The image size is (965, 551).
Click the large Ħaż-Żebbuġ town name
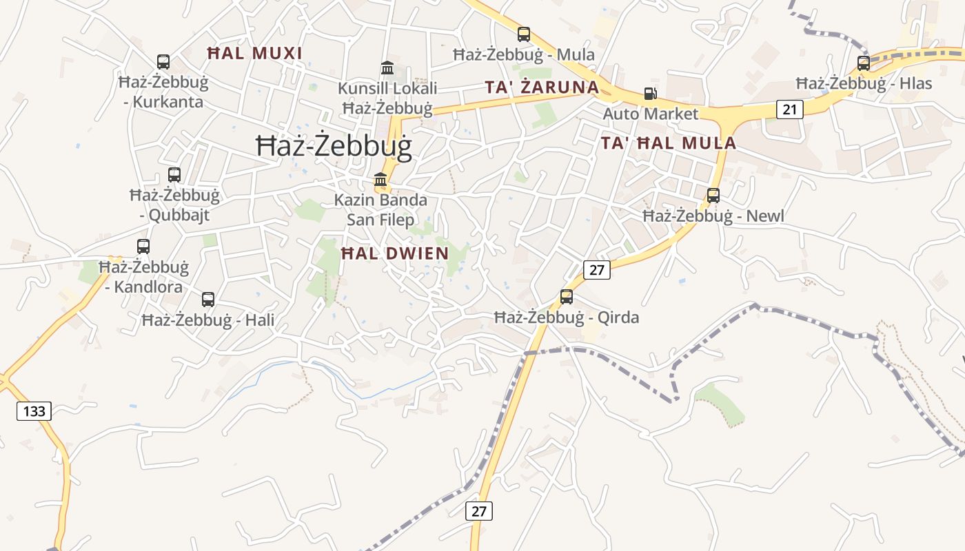tap(334, 147)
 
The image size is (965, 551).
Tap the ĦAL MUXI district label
tap(255, 54)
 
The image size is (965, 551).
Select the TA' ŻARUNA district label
tap(542, 87)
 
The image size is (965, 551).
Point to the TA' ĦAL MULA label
tap(668, 143)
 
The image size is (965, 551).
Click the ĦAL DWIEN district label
tap(395, 253)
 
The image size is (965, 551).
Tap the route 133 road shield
tap(34, 412)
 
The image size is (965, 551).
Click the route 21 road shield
tap(789, 109)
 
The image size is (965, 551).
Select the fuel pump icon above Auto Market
tap(650, 94)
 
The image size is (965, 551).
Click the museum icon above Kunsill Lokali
tap(387, 68)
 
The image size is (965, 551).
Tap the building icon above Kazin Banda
tap(380, 180)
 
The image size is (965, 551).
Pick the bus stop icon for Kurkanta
tap(163, 62)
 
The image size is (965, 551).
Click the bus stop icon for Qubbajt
tap(174, 175)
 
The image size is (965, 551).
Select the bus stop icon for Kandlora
tap(143, 247)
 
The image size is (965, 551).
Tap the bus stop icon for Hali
tap(208, 300)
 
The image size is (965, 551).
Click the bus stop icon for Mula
tap(524, 34)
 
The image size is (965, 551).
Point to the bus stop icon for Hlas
tap(864, 63)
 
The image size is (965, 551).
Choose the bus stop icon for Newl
tap(713, 196)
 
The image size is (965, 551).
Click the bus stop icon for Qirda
tap(567, 297)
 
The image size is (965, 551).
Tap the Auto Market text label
tap(651, 114)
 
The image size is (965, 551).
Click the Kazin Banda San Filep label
tap(380, 210)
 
